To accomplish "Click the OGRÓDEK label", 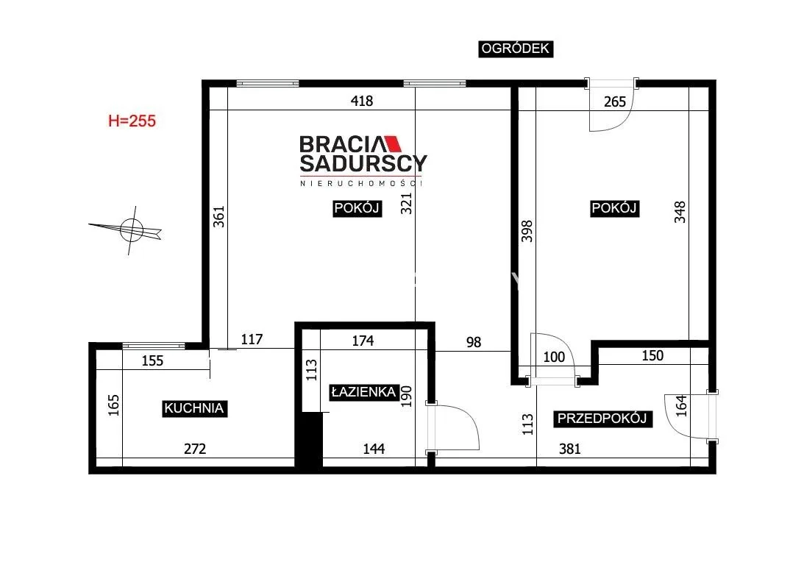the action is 516,49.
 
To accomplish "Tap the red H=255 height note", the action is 132,121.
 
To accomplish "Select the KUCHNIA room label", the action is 194,409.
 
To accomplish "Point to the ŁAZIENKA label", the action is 363,392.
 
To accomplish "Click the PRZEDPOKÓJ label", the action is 602,419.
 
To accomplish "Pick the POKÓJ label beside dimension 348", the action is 614,208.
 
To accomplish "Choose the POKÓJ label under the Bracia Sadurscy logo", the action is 357,208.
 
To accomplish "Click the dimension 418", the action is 361,101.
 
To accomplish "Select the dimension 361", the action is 219,216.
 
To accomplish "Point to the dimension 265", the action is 615,102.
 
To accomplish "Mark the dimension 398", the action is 527,231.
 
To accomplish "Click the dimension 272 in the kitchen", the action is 195,449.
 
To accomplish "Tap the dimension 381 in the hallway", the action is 569,449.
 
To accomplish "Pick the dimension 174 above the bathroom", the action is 363,341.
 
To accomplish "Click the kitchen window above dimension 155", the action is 153,346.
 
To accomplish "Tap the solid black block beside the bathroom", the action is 309,440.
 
